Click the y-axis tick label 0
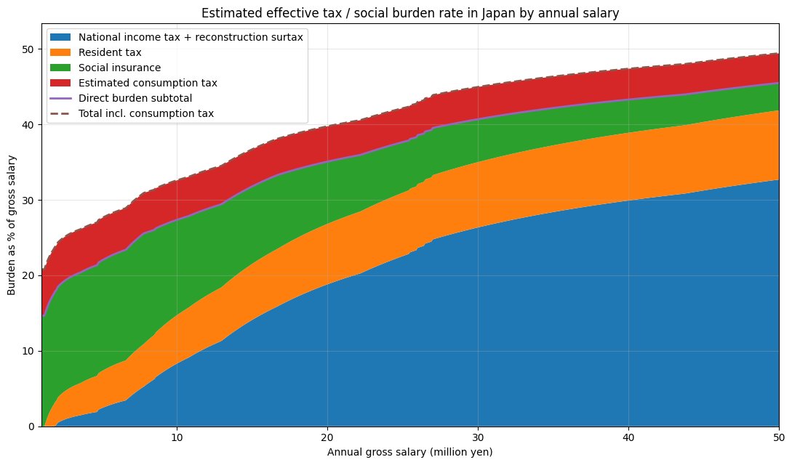pyautogui.click(x=32, y=426)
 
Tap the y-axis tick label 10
pyautogui.click(x=28, y=351)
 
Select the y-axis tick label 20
pyautogui.click(x=28, y=275)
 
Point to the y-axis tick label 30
pyautogui.click(x=28, y=201)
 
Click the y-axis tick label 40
pyautogui.click(x=28, y=124)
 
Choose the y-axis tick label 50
pyautogui.click(x=28, y=49)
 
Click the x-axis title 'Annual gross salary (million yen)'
pyautogui.click(x=409, y=452)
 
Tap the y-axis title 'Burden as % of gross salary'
pyautogui.click(x=12, y=225)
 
